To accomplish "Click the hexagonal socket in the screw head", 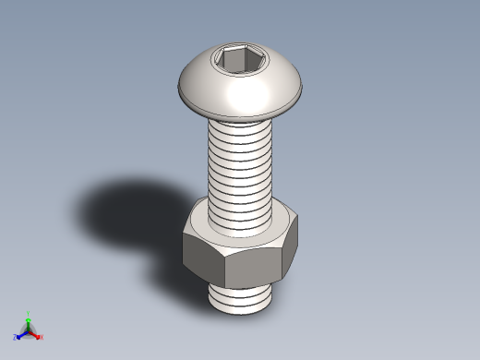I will coord(231,61).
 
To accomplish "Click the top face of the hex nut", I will coord(198,226).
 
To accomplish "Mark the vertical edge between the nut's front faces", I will coord(224,268).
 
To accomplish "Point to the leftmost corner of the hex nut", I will coord(184,234).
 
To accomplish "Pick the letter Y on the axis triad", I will coord(29,313).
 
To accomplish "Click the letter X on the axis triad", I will coord(42,338).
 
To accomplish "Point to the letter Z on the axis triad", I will coord(16,338).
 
